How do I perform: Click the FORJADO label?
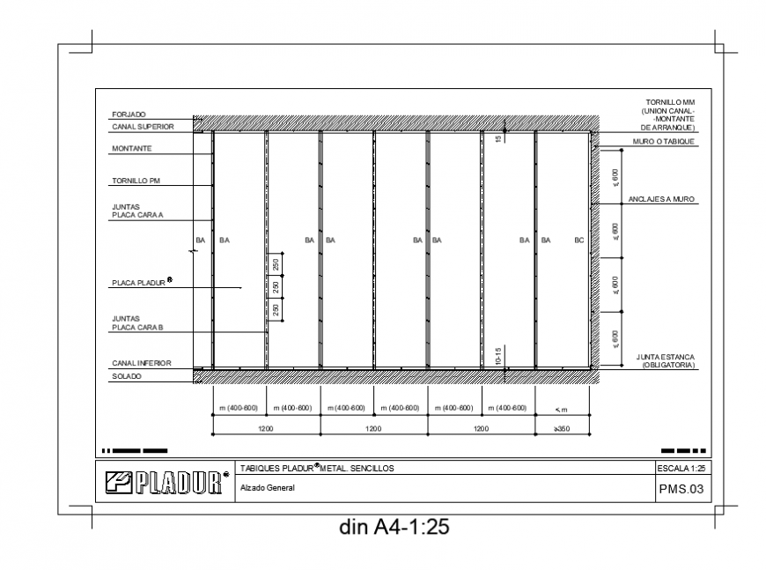[x=129, y=115]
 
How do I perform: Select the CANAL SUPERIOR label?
[x=143, y=127]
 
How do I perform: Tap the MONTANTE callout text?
[x=132, y=149]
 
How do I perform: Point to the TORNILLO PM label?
[x=135, y=181]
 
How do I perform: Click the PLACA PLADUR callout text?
[x=141, y=284]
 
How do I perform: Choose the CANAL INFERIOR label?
[x=141, y=363]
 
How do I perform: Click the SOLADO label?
[x=127, y=377]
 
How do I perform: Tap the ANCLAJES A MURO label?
[x=661, y=200]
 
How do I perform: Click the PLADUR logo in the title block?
[x=166, y=483]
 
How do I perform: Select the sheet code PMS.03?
[x=681, y=490]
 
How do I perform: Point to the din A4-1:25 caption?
[x=394, y=528]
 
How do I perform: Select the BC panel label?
[x=578, y=240]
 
